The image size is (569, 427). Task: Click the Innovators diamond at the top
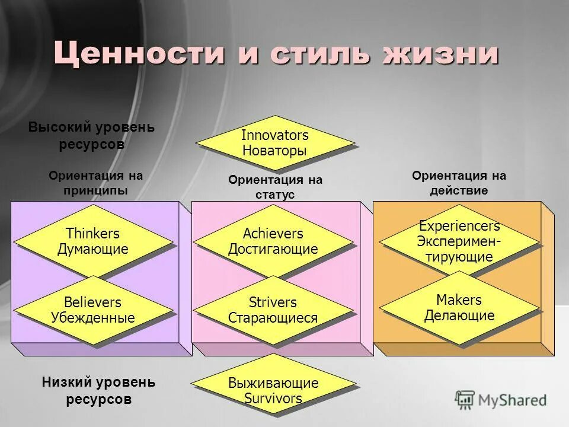275,142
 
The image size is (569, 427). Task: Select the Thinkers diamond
93,241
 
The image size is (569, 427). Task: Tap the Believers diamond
93,310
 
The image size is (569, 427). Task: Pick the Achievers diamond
273,241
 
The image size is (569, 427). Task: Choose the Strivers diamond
273,310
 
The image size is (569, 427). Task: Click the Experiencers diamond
459,241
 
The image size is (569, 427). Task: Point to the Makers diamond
459,307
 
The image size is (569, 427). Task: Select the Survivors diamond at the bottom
273,390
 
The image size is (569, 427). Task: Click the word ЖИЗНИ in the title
440,54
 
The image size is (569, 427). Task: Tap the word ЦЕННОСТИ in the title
139,54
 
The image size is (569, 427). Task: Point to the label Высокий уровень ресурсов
92,135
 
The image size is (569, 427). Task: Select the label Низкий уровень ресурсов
98,390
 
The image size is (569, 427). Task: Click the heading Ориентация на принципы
96,183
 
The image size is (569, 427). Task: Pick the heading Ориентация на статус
276,187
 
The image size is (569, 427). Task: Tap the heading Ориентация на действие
459,183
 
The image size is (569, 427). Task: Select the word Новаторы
274,151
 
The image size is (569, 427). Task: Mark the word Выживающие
273,383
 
